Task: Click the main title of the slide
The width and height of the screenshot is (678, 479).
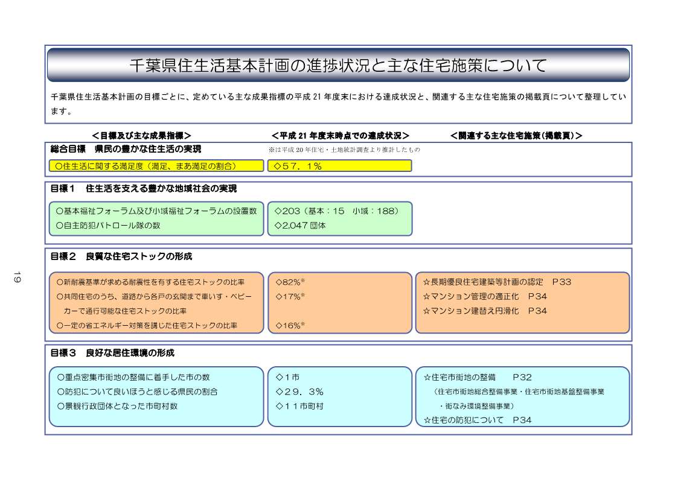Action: (338, 65)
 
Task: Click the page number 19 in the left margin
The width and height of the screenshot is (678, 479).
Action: (17, 278)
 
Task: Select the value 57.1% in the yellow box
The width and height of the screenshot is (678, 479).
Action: (298, 166)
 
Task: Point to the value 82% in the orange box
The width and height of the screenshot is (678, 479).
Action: (290, 282)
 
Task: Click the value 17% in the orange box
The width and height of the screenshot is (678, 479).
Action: (290, 296)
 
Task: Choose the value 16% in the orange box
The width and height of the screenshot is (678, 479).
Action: (290, 325)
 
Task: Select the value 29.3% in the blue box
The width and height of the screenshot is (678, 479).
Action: (299, 392)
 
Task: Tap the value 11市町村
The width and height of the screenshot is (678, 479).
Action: (299, 406)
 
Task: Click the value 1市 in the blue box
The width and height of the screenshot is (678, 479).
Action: (288, 377)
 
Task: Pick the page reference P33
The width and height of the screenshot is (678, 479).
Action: (561, 282)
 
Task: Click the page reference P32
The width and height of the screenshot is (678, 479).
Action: (522, 377)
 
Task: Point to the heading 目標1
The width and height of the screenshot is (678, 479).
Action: (64, 189)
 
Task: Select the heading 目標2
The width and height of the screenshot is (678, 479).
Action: (64, 256)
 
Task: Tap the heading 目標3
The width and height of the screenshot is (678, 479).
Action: (64, 352)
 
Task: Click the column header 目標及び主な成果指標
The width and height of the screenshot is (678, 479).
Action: (142, 135)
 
